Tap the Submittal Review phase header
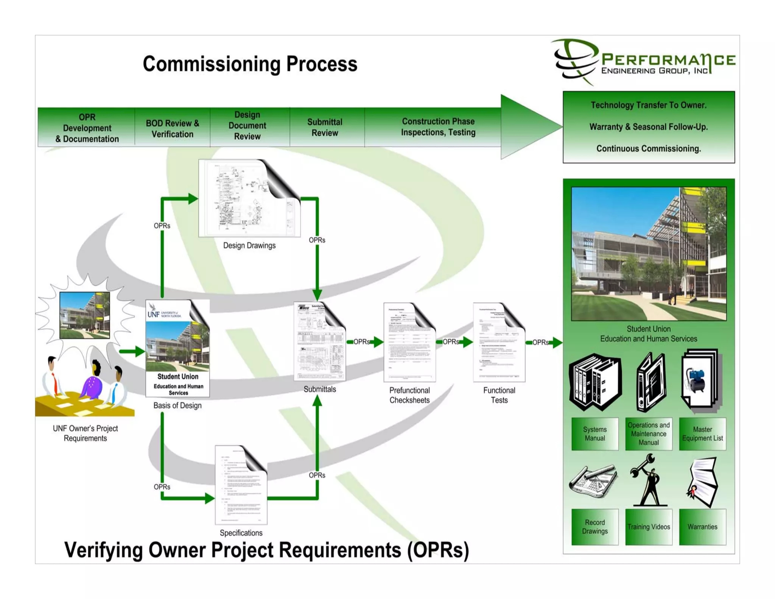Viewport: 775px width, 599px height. [325, 127]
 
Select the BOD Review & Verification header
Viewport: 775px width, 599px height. [172, 128]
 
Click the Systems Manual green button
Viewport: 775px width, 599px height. [594, 434]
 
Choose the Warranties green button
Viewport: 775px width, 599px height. [702, 527]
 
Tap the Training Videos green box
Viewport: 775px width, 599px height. [649, 527]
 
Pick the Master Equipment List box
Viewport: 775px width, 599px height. [702, 434]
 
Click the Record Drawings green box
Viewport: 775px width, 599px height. [594, 527]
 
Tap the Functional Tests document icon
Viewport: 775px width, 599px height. [499, 342]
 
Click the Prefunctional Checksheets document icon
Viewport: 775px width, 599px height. [409, 342]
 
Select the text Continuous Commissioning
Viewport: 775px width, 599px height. [649, 149]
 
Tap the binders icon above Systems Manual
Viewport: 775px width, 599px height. [594, 382]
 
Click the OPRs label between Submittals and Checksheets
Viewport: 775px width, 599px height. [361, 342]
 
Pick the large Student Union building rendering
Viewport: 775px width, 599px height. [649, 254]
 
